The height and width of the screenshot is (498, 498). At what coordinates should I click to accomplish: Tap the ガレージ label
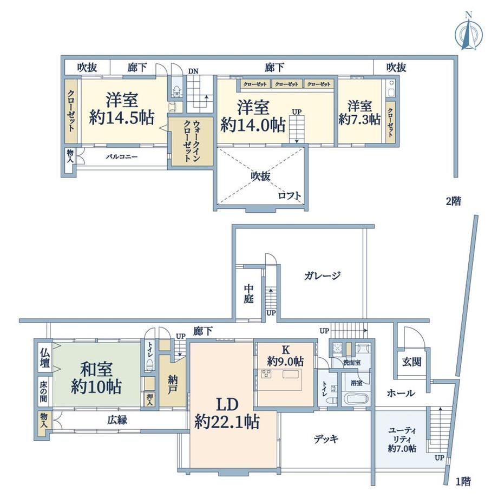click(322, 276)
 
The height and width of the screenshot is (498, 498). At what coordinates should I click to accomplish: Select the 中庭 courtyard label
click(248, 294)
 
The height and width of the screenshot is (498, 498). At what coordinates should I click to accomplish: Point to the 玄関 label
click(411, 362)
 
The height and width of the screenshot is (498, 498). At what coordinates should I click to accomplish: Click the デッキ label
click(326, 439)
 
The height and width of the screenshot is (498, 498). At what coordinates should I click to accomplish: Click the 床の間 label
click(43, 391)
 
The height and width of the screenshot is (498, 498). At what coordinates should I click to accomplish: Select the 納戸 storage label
click(173, 385)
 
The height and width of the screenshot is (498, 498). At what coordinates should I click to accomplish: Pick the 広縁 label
click(117, 420)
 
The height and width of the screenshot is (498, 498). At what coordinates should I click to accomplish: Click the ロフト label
click(290, 195)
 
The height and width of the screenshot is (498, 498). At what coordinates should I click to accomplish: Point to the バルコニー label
click(122, 156)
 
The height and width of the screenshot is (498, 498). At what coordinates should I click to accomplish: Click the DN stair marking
click(193, 71)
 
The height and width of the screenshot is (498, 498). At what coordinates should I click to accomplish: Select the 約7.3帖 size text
click(359, 120)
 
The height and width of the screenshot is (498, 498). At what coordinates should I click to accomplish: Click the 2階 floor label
click(454, 201)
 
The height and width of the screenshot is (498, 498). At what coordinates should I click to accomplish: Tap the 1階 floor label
click(463, 482)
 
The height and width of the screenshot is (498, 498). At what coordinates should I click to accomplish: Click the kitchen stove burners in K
click(266, 374)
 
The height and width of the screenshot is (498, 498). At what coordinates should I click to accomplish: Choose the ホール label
click(401, 393)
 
